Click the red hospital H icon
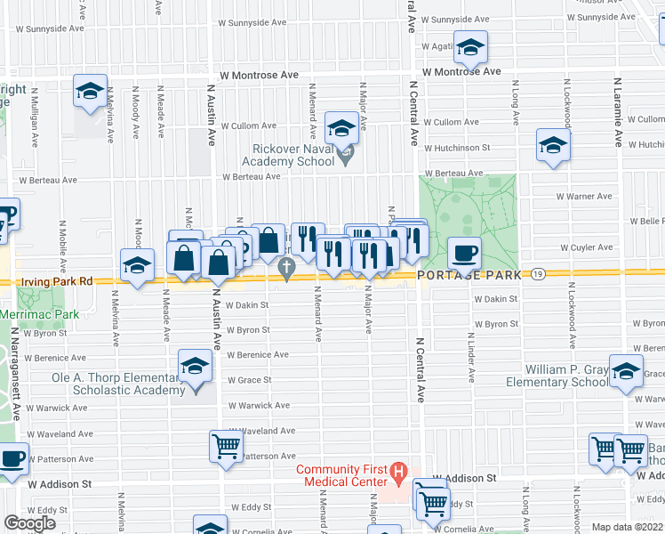tap(399, 470)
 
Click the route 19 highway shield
tap(539, 275)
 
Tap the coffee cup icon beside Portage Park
tap(464, 253)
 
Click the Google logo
tap(30, 522)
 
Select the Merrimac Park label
tap(40, 314)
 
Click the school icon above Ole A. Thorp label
tap(196, 366)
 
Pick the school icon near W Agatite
tap(470, 46)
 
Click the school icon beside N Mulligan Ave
tap(90, 92)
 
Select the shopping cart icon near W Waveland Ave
tap(226, 446)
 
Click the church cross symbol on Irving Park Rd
tap(286, 266)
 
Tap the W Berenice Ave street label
tap(257, 354)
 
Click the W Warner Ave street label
tap(584, 196)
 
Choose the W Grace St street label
tap(248, 380)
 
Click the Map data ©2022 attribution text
tap(627, 527)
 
